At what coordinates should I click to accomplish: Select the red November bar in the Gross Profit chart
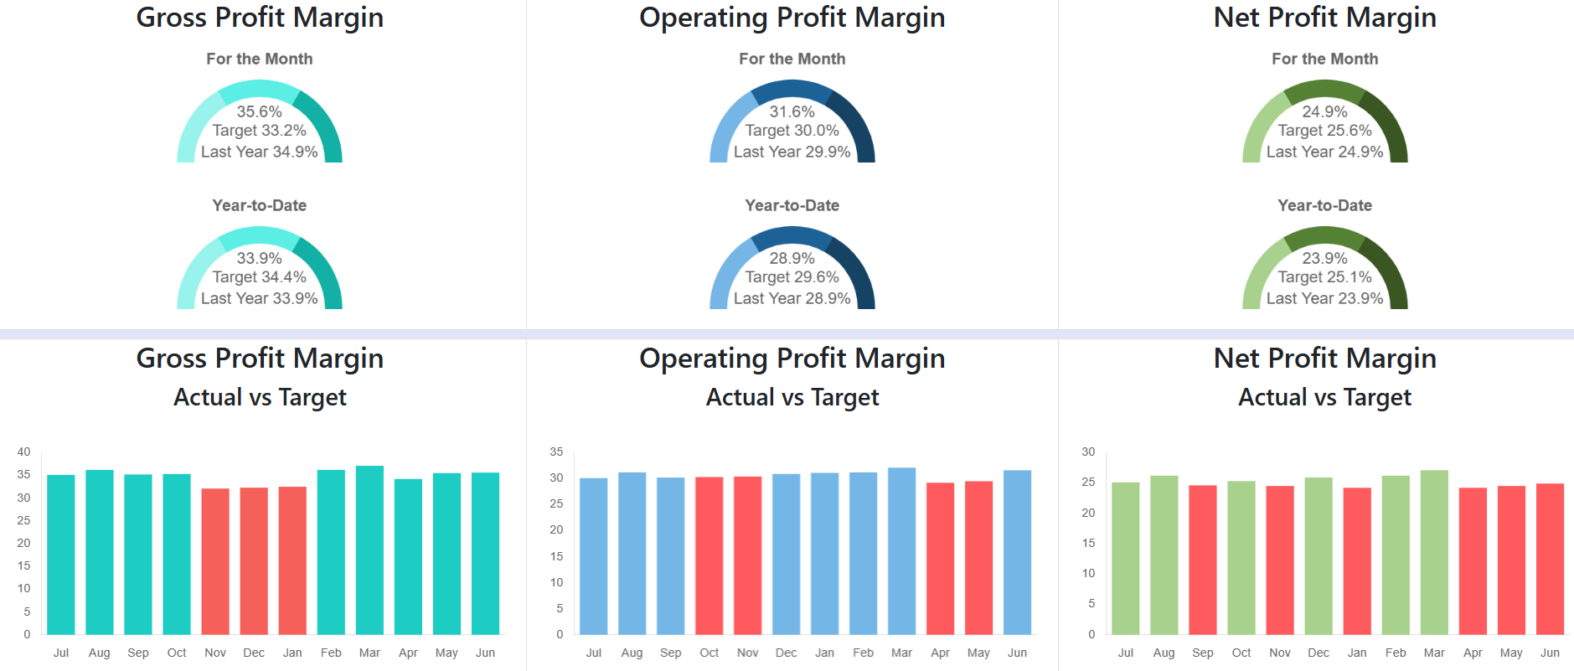(x=215, y=561)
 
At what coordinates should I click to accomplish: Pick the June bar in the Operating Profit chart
(x=1017, y=552)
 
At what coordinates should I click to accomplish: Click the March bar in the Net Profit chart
(x=1434, y=552)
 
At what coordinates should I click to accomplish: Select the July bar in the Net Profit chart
(x=1126, y=558)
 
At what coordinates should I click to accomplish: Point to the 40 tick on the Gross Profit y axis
(x=23, y=452)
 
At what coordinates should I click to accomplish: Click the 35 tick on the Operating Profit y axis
(x=556, y=452)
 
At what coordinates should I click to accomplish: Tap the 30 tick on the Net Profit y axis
(x=1088, y=452)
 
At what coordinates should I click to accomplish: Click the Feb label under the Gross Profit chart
(x=331, y=653)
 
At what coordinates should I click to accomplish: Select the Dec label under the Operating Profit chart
(x=786, y=653)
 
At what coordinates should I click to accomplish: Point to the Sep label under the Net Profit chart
(x=1203, y=653)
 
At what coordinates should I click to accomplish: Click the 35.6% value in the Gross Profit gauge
(x=259, y=111)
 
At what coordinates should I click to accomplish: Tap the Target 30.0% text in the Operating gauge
(x=792, y=131)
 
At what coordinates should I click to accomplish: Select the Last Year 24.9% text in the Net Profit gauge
(x=1324, y=152)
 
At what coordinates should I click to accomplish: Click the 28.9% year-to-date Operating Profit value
(x=792, y=258)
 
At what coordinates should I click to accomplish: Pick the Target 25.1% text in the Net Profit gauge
(x=1324, y=277)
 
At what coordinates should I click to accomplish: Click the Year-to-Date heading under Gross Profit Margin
(x=259, y=205)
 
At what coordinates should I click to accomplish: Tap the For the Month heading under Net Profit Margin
(x=1324, y=59)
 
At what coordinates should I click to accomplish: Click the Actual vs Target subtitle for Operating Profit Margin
(x=792, y=397)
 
